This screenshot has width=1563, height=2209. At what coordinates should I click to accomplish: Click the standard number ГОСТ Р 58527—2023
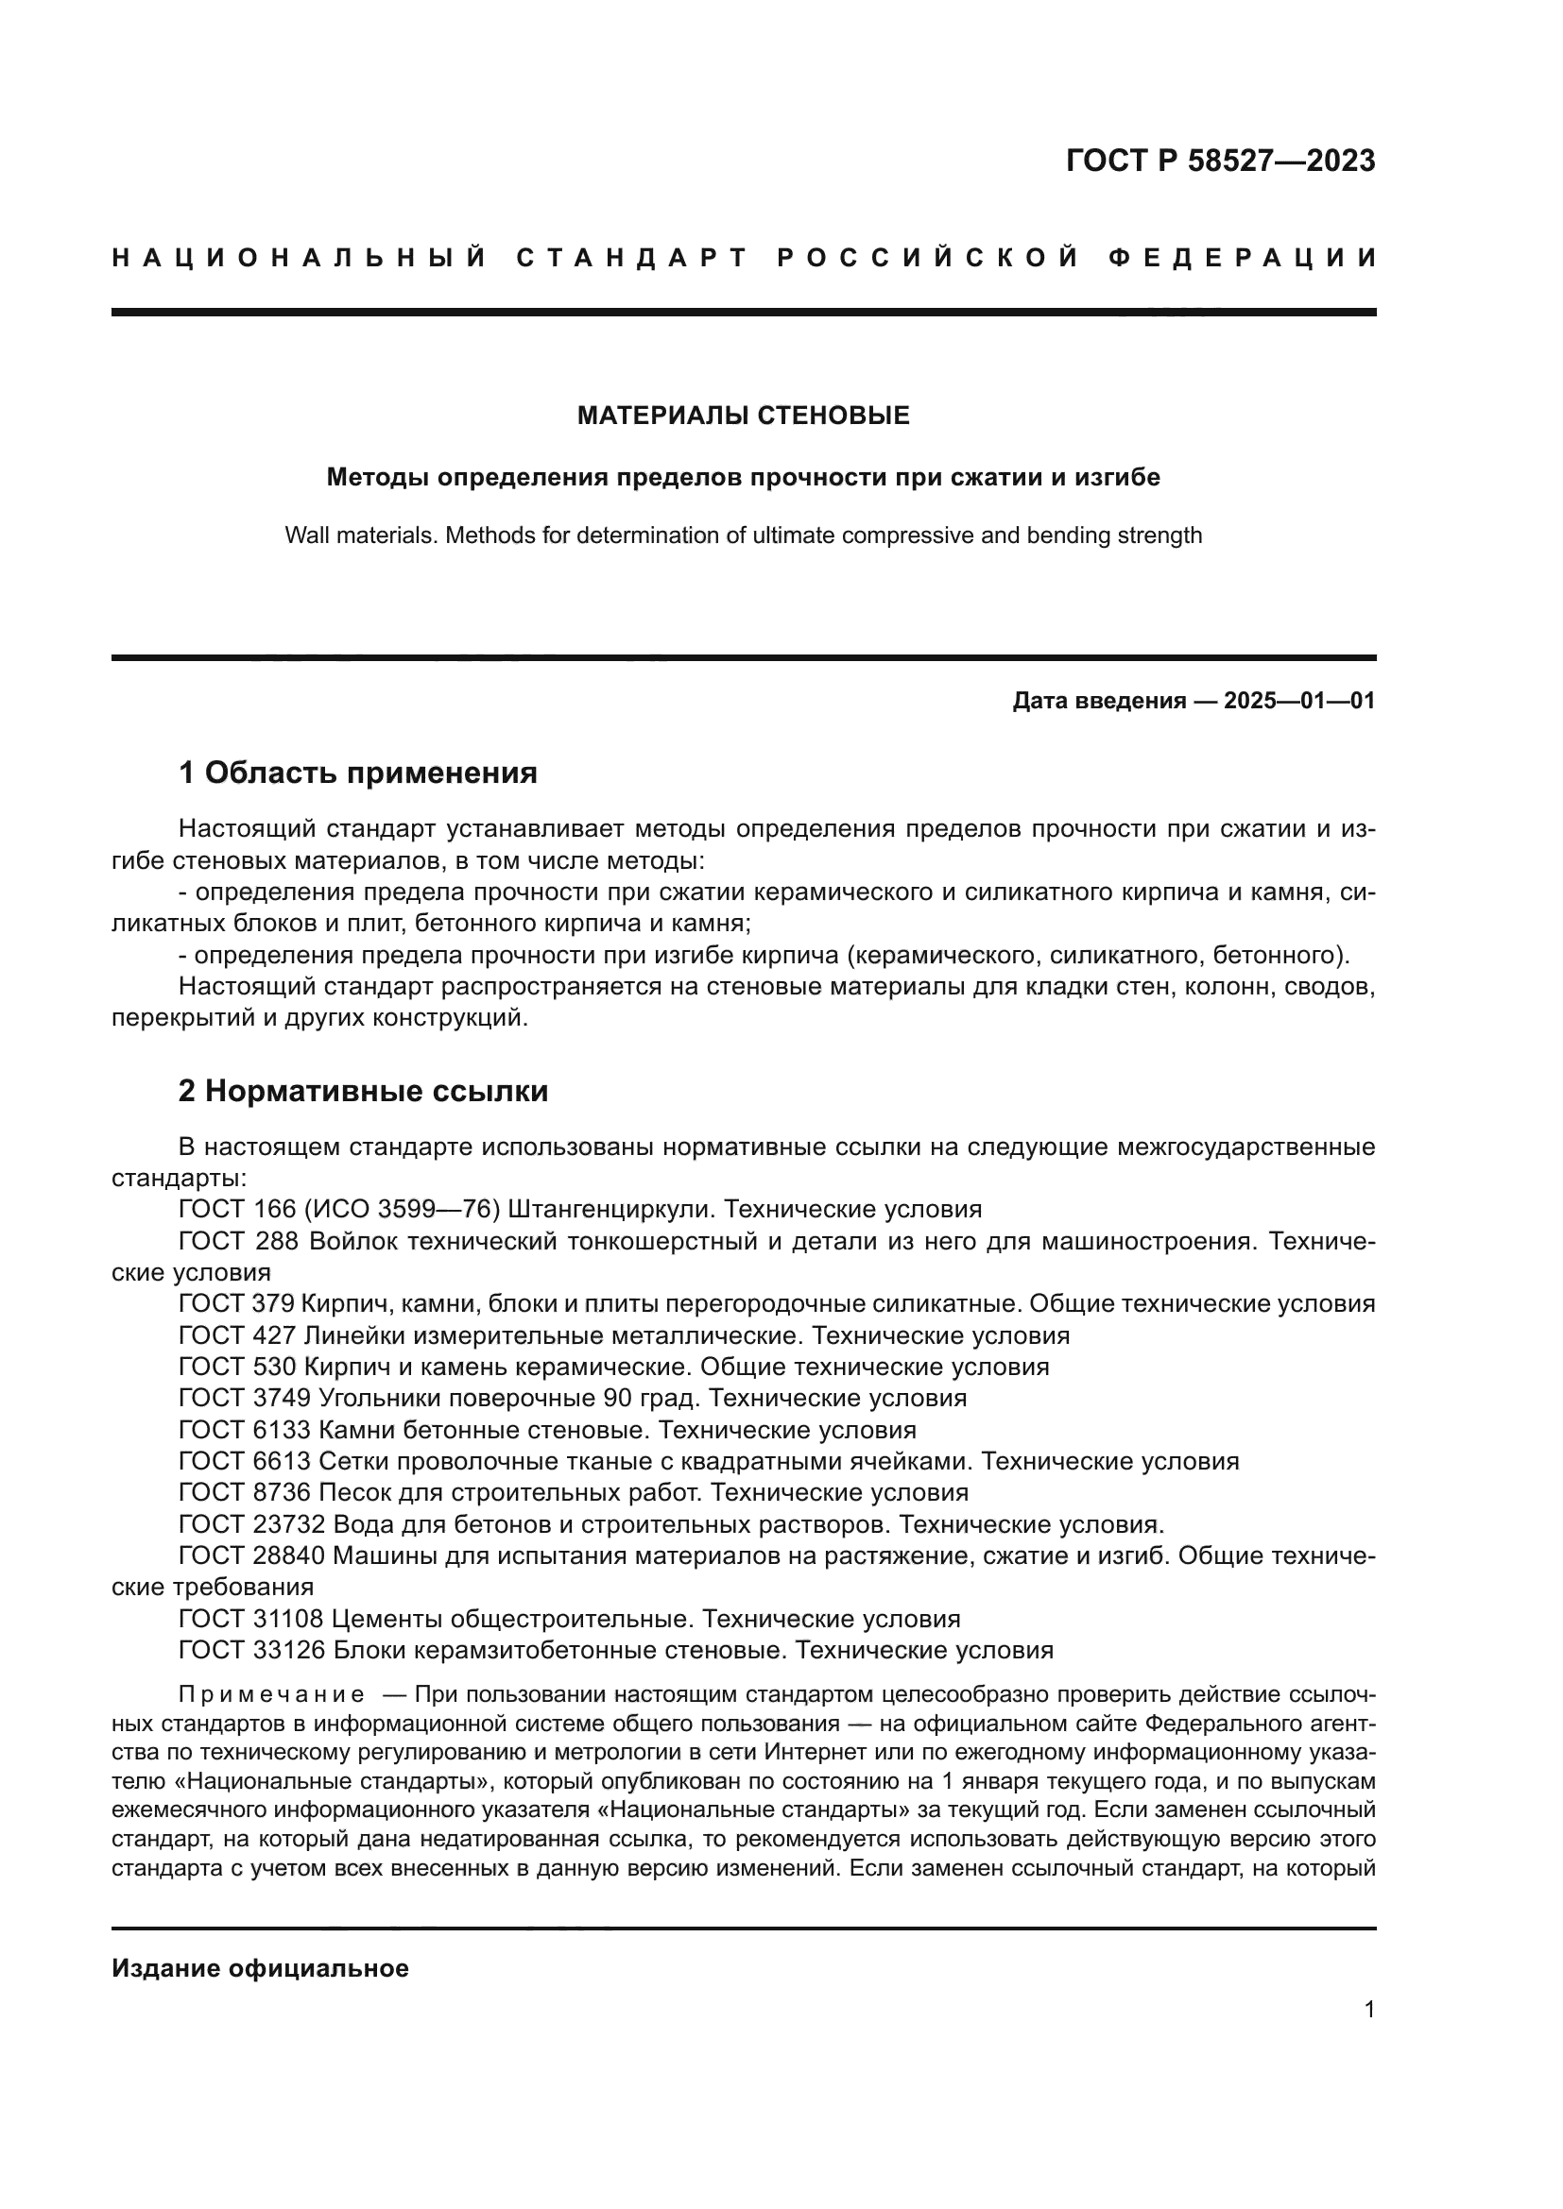(1220, 161)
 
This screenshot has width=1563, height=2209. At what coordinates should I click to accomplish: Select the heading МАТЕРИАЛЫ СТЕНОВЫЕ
(743, 416)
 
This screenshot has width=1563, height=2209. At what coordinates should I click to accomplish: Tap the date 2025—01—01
(1299, 701)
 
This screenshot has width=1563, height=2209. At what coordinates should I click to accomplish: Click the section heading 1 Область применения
(358, 772)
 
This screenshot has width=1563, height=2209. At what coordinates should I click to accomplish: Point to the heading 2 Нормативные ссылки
(363, 1091)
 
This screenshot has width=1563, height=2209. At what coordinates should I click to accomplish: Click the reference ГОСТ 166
(239, 1210)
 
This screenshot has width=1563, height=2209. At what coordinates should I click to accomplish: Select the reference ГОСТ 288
(239, 1241)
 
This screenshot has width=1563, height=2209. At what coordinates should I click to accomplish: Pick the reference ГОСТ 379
(239, 1303)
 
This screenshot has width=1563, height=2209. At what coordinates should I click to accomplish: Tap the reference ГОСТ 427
(239, 1335)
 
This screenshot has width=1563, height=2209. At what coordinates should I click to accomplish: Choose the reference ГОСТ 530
(239, 1368)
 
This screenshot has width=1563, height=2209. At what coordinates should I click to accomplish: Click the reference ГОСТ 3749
(246, 1398)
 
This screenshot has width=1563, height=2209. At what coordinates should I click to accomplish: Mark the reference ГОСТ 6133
(246, 1430)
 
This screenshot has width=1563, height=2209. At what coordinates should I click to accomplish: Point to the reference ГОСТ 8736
(246, 1492)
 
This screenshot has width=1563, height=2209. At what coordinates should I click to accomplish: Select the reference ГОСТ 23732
(253, 1524)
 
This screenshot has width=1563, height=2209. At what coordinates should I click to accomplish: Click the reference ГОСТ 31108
(253, 1620)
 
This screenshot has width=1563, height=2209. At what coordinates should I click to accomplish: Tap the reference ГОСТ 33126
(253, 1650)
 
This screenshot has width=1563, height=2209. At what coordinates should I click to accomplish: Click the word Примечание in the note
(271, 1695)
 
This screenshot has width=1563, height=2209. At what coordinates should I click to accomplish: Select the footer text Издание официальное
(260, 1968)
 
